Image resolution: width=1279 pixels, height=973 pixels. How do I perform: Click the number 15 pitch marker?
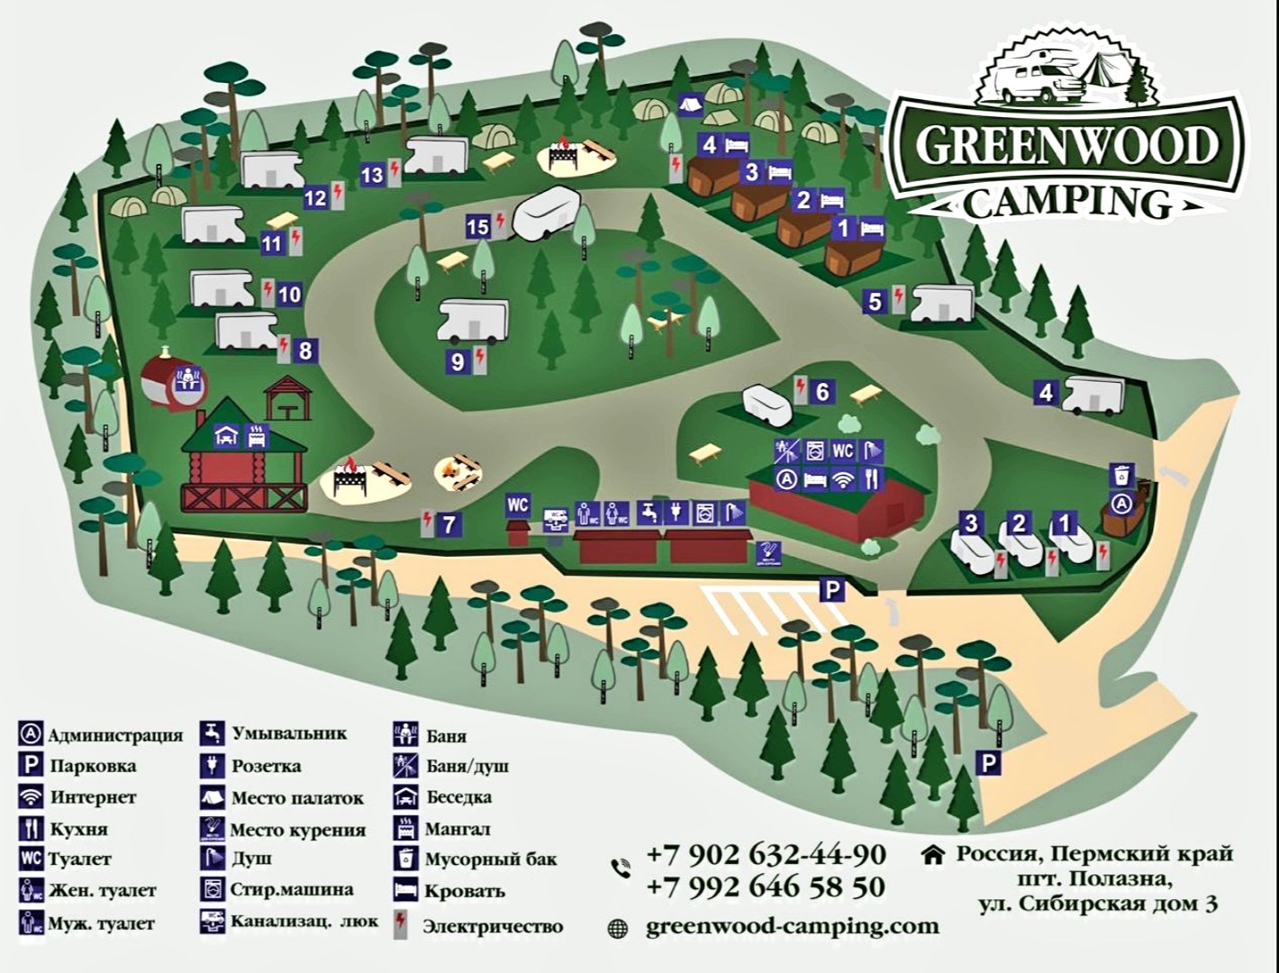[477, 226]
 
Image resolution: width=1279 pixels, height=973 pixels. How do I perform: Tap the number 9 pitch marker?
[458, 361]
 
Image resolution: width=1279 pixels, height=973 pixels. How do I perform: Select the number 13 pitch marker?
[372, 175]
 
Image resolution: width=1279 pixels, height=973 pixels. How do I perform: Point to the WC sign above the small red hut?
[517, 505]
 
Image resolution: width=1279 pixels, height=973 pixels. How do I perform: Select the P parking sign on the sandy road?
[989, 764]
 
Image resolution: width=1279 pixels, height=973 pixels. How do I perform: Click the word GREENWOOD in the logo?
[1067, 145]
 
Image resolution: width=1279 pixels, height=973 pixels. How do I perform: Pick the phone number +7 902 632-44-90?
[766, 853]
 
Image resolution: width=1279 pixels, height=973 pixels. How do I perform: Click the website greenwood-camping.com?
[793, 926]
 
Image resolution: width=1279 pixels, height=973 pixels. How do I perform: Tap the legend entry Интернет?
[93, 796]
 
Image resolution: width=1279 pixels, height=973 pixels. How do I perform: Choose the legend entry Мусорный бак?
[491, 859]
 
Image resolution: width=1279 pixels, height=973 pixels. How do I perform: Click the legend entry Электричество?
[493, 926]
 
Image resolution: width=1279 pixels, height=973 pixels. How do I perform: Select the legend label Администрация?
[114, 735]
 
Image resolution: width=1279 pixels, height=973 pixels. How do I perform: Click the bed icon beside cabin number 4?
[737, 143]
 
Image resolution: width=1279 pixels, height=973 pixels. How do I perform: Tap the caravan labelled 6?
[767, 405]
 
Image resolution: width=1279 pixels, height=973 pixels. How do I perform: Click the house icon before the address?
[933, 853]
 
